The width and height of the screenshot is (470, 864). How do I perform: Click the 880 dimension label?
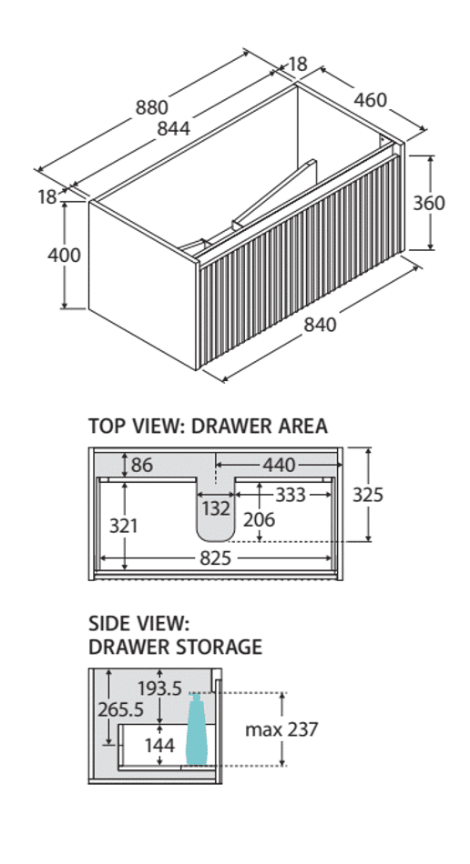152,108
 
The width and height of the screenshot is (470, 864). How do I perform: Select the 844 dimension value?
173,128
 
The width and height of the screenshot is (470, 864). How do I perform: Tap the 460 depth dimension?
370,100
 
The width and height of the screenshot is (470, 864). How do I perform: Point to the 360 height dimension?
429,203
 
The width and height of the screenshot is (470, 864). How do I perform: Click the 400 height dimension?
64,256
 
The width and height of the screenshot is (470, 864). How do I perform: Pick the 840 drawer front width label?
320,324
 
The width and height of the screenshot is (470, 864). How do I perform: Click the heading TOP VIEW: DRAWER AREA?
208,426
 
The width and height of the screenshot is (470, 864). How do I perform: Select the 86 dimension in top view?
142,465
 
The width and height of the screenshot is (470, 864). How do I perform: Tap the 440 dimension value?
279,465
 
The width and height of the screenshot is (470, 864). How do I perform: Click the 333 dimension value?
291,495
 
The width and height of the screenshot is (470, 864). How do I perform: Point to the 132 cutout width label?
216,508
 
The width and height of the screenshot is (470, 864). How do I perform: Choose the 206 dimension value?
260,519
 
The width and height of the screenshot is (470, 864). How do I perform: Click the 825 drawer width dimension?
215,558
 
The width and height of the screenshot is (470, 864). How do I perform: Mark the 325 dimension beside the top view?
367,495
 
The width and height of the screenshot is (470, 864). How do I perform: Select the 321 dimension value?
123,526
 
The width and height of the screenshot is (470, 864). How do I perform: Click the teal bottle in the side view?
197,729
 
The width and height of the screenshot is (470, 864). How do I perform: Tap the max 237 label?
281,729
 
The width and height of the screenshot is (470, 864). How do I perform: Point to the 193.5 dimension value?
159,688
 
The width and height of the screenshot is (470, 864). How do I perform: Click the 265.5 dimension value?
121,709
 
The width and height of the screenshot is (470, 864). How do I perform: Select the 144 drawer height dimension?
159,746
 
